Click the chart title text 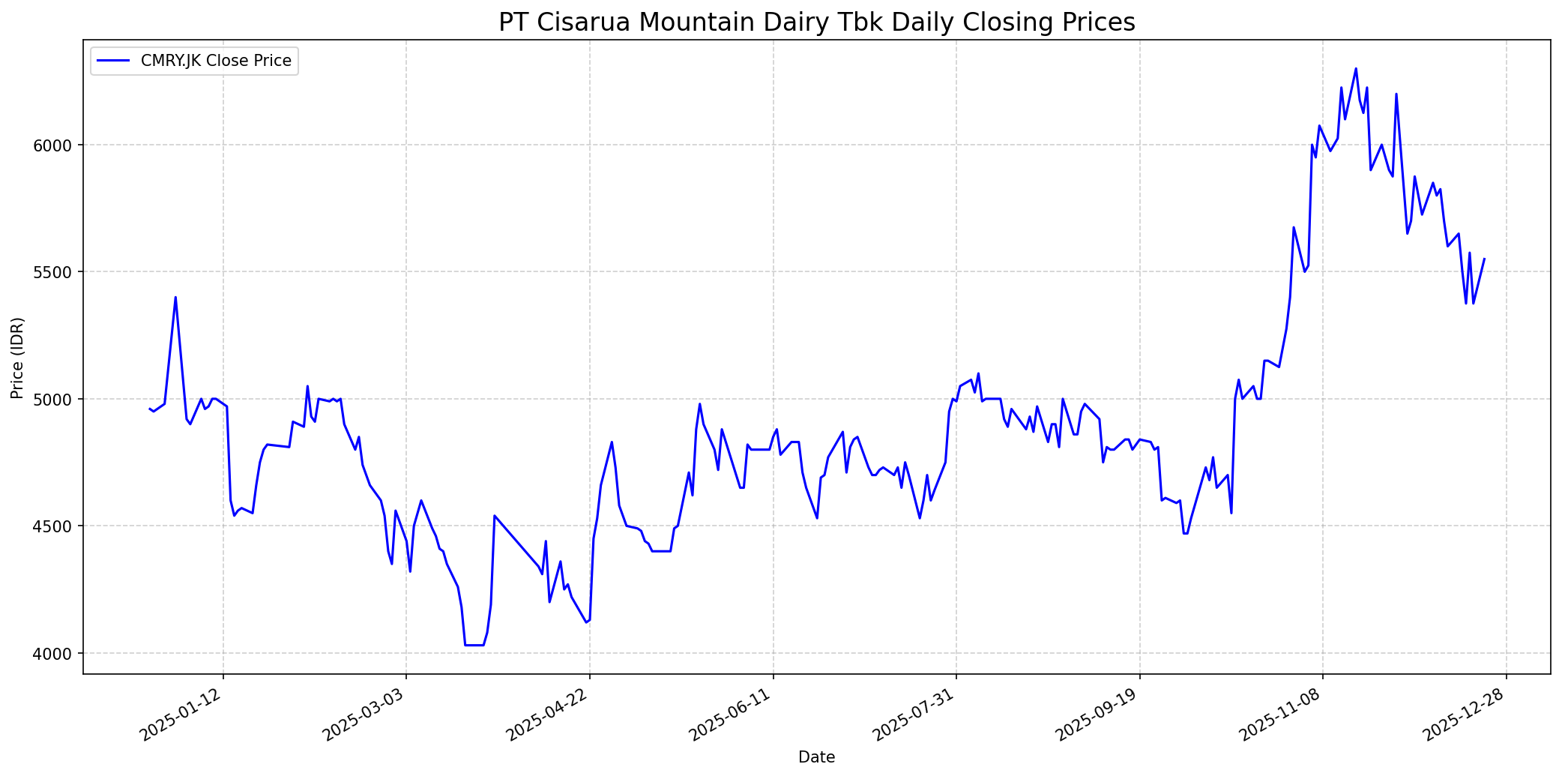(x=816, y=22)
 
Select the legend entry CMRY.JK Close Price (x=216, y=61)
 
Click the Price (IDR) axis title (x=18, y=358)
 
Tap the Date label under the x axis (x=816, y=757)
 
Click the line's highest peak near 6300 (x=1356, y=69)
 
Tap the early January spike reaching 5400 (x=175, y=297)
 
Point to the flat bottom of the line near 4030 (x=474, y=645)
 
